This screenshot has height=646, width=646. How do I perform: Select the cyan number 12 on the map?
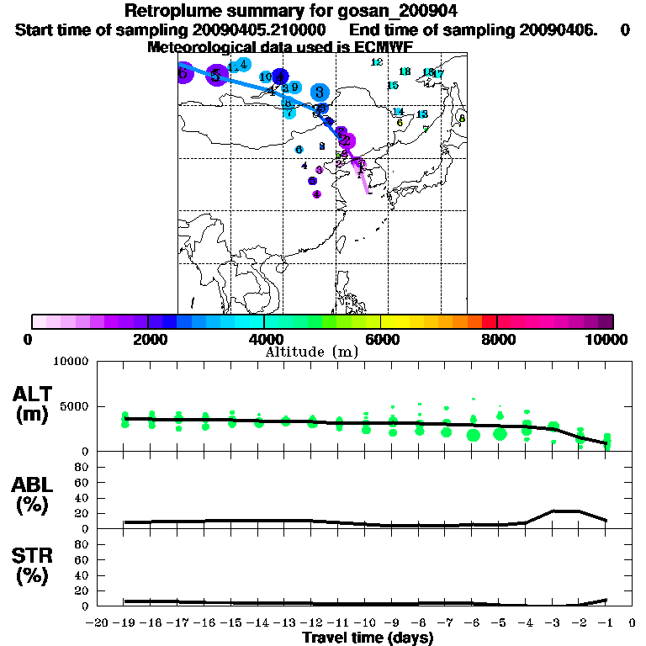377,62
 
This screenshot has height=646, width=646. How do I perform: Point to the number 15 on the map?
392,86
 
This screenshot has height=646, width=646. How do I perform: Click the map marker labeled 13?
422,114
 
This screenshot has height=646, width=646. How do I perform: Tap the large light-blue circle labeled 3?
319,92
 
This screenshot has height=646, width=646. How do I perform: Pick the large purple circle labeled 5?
216,76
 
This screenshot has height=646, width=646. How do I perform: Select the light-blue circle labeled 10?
266,77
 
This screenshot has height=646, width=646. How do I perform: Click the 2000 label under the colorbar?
147,339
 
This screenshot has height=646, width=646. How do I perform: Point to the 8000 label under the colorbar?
499,339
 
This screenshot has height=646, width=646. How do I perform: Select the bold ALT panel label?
34,393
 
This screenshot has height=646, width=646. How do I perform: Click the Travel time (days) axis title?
368,638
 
